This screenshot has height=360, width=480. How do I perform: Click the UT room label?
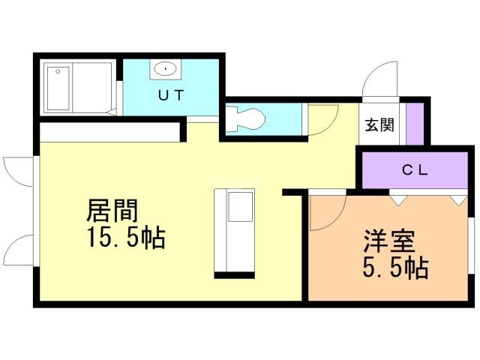click(x=171, y=95)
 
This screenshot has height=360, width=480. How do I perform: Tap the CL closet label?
click(x=415, y=170)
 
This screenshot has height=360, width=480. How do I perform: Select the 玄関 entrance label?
click(x=379, y=125)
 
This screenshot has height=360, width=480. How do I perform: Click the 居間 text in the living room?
click(x=112, y=211)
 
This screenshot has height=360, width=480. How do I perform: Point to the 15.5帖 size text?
click(x=126, y=237)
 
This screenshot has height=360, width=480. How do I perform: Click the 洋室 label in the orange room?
click(x=389, y=241)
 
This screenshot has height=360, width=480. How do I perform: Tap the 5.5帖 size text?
click(x=395, y=267)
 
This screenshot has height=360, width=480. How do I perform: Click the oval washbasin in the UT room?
click(x=165, y=69)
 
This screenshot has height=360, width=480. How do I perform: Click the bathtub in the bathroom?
click(x=58, y=88)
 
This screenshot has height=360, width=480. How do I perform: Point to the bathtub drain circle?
click(x=58, y=71)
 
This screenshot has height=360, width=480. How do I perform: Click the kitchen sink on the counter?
click(x=240, y=207)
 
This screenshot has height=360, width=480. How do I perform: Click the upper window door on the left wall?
click(x=18, y=171)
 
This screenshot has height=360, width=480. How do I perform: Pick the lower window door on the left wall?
click(x=18, y=249)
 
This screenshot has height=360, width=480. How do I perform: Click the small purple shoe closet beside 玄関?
click(x=415, y=124)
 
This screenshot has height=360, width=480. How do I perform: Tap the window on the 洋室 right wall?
click(x=471, y=246)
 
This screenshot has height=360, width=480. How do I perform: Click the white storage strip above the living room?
click(x=109, y=132)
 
